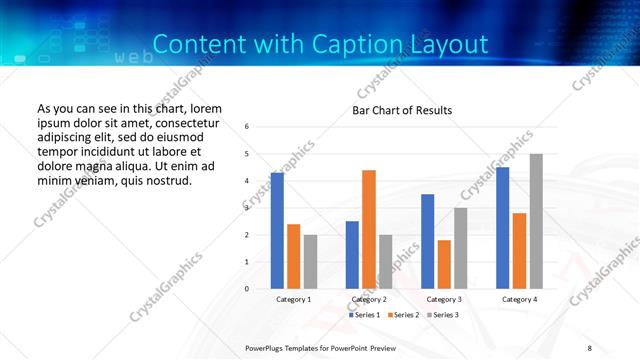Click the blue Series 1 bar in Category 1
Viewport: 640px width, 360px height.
(x=277, y=231)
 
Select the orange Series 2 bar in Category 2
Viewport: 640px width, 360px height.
(x=369, y=229)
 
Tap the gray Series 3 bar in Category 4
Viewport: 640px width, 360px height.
(x=536, y=221)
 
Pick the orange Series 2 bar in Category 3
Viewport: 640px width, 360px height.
(x=444, y=264)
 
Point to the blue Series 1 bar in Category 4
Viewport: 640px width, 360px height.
(x=502, y=228)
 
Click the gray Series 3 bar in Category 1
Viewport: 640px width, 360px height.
(x=310, y=262)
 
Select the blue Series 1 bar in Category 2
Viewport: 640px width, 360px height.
(x=352, y=255)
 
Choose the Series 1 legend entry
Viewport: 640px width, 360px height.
(x=364, y=315)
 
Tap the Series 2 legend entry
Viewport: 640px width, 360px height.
(x=404, y=315)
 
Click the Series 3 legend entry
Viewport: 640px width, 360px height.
(x=444, y=315)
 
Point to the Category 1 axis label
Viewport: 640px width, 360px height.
(x=293, y=299)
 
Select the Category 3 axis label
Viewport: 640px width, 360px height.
(x=443, y=299)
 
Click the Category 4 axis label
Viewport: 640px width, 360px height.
(x=518, y=299)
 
